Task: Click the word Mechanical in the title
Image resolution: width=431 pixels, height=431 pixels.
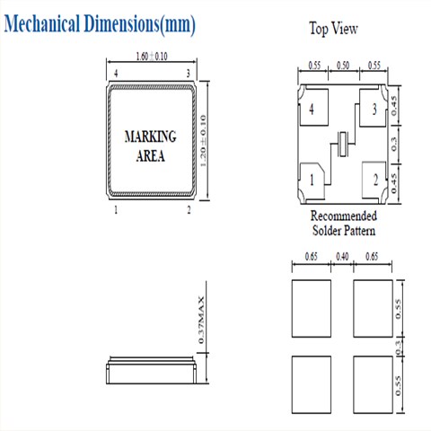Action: click(x=42, y=23)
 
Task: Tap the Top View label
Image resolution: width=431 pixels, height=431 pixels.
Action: click(x=333, y=29)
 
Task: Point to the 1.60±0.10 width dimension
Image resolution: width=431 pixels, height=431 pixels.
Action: click(x=152, y=57)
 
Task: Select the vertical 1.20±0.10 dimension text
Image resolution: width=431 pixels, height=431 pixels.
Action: click(x=203, y=141)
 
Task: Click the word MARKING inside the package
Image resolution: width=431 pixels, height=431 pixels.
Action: click(x=150, y=136)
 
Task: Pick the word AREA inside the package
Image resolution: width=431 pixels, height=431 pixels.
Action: click(x=150, y=156)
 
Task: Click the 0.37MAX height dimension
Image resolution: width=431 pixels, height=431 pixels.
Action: click(x=201, y=320)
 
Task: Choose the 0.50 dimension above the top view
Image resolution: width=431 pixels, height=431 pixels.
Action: click(x=343, y=66)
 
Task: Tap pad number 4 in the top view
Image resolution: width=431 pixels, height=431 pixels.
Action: click(x=313, y=107)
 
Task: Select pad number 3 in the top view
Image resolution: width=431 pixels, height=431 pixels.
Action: click(x=372, y=108)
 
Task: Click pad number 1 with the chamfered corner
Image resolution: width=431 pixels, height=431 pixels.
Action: click(x=312, y=180)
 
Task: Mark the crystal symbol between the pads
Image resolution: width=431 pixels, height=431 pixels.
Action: click(x=342, y=144)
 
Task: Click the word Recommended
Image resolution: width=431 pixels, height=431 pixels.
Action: click(x=344, y=215)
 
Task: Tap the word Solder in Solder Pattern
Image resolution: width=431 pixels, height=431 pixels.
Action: click(x=326, y=231)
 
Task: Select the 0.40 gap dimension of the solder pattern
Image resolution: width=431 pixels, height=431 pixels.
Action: click(x=342, y=257)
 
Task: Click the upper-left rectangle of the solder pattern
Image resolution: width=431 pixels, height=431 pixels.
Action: click(x=312, y=308)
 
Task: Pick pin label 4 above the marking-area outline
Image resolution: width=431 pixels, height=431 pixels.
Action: click(x=116, y=74)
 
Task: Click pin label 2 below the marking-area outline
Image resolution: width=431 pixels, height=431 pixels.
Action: click(x=189, y=210)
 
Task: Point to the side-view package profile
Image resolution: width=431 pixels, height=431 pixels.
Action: click(x=151, y=370)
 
